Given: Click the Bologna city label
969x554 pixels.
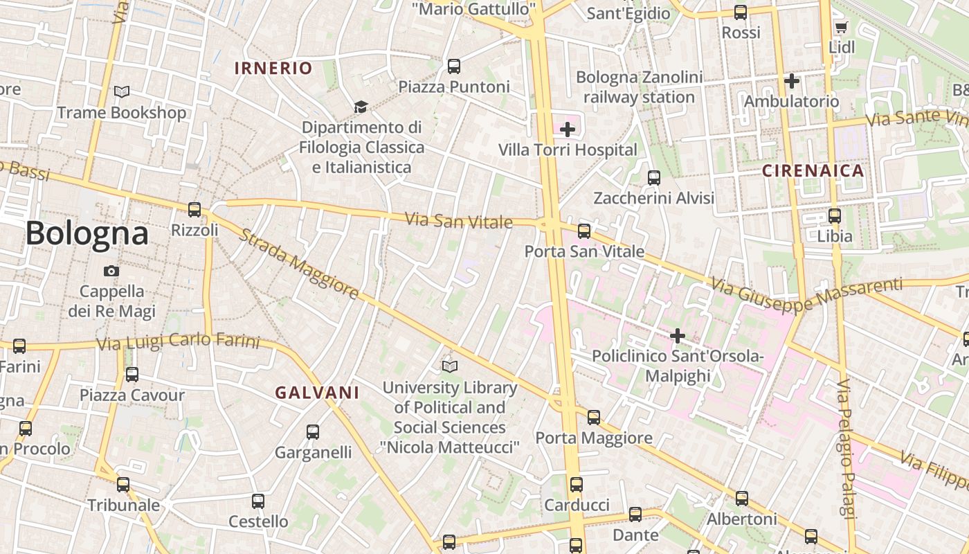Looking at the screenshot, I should [87, 234].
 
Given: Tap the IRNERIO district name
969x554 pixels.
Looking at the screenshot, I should [273, 68].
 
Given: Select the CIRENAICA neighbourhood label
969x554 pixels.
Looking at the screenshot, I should [813, 170].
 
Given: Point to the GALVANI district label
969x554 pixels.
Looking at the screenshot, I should [317, 393].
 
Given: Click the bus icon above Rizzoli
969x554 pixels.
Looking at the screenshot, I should [194, 209].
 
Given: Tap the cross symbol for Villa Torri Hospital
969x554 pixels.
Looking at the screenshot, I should [568, 129].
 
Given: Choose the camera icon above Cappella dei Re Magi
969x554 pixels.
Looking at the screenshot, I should [111, 271].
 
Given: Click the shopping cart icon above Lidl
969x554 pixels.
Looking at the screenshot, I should [841, 27].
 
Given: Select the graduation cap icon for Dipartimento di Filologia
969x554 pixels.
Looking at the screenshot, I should [361, 107].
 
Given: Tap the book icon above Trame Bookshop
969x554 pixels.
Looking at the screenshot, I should [122, 91].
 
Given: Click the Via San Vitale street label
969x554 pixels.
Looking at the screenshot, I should [458, 221].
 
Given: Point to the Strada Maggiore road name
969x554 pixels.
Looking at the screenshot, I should [299, 264].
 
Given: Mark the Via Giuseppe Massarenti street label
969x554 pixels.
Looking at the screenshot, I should [806, 294].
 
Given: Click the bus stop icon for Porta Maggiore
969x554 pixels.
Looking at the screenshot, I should [594, 417].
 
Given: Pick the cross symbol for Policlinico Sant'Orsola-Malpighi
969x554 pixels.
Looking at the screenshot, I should [677, 336].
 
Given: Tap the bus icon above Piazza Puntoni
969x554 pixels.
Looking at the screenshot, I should [454, 66].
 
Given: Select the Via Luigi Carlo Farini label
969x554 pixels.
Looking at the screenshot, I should [178, 342].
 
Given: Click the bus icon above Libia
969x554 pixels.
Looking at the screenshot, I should [835, 215].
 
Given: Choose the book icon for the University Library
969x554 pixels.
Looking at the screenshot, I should [450, 366].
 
